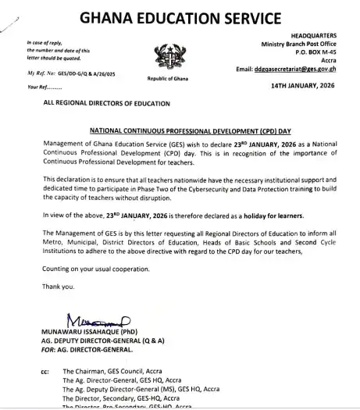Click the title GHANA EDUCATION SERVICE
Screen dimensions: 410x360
point(180,18)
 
